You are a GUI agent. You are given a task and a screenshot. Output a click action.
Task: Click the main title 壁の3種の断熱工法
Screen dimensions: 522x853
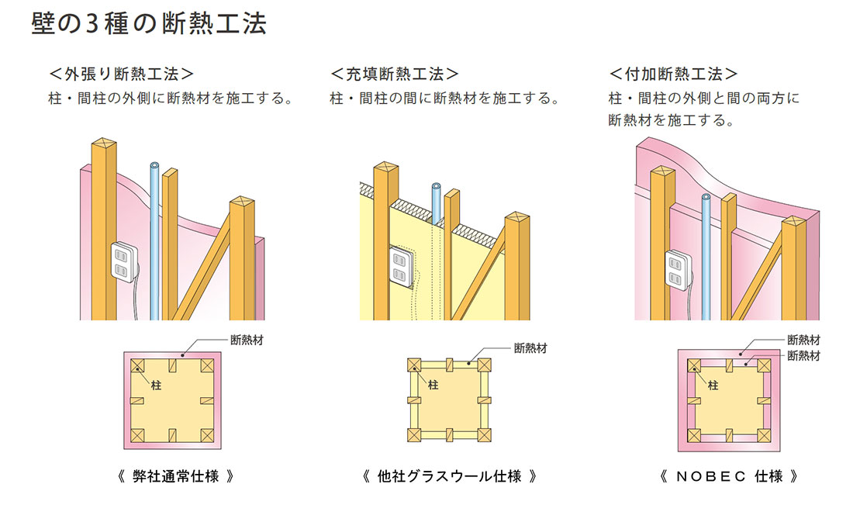[x=149, y=24]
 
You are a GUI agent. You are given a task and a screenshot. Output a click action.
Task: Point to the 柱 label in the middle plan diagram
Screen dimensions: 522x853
[x=433, y=384]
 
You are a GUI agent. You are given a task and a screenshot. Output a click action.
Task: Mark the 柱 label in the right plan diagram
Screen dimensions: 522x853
[x=712, y=383]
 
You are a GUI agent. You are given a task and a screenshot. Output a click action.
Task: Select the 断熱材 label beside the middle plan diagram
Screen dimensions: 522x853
[x=530, y=348]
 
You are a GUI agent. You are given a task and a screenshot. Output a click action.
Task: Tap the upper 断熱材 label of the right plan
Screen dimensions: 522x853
[x=804, y=339]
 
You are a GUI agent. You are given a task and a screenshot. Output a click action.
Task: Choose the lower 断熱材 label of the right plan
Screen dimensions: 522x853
[x=804, y=355]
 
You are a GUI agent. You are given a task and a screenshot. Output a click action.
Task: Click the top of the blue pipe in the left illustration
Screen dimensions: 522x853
[x=154, y=166]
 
